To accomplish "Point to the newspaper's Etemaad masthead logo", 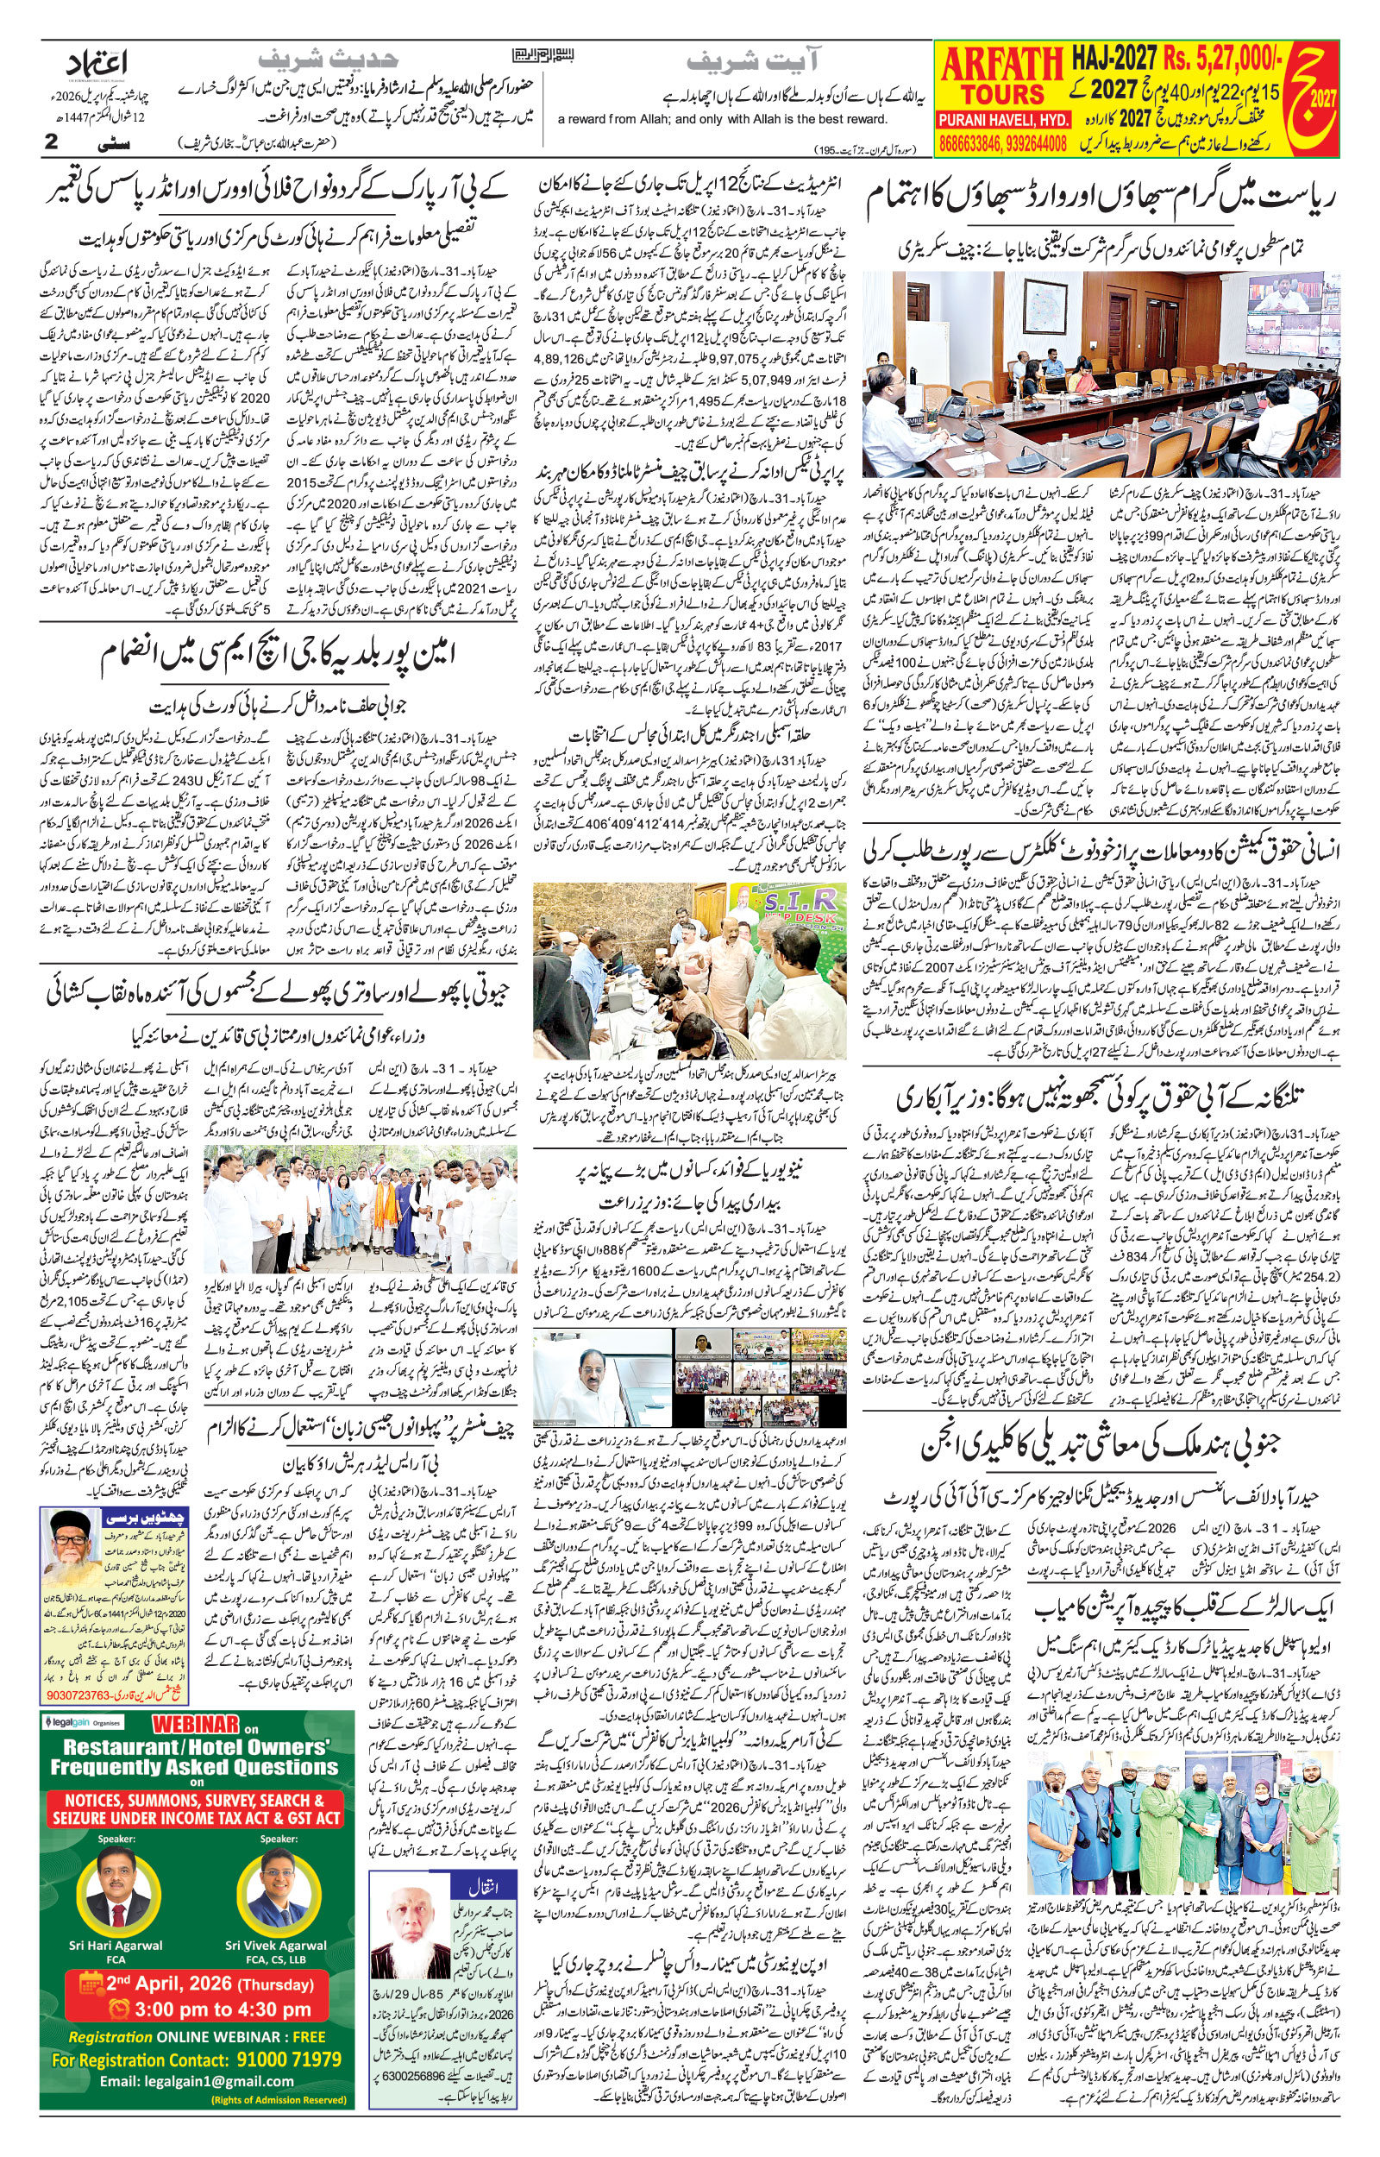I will point(98,65).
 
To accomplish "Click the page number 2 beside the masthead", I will point(51,141).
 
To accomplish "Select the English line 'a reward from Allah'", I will point(722,119).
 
